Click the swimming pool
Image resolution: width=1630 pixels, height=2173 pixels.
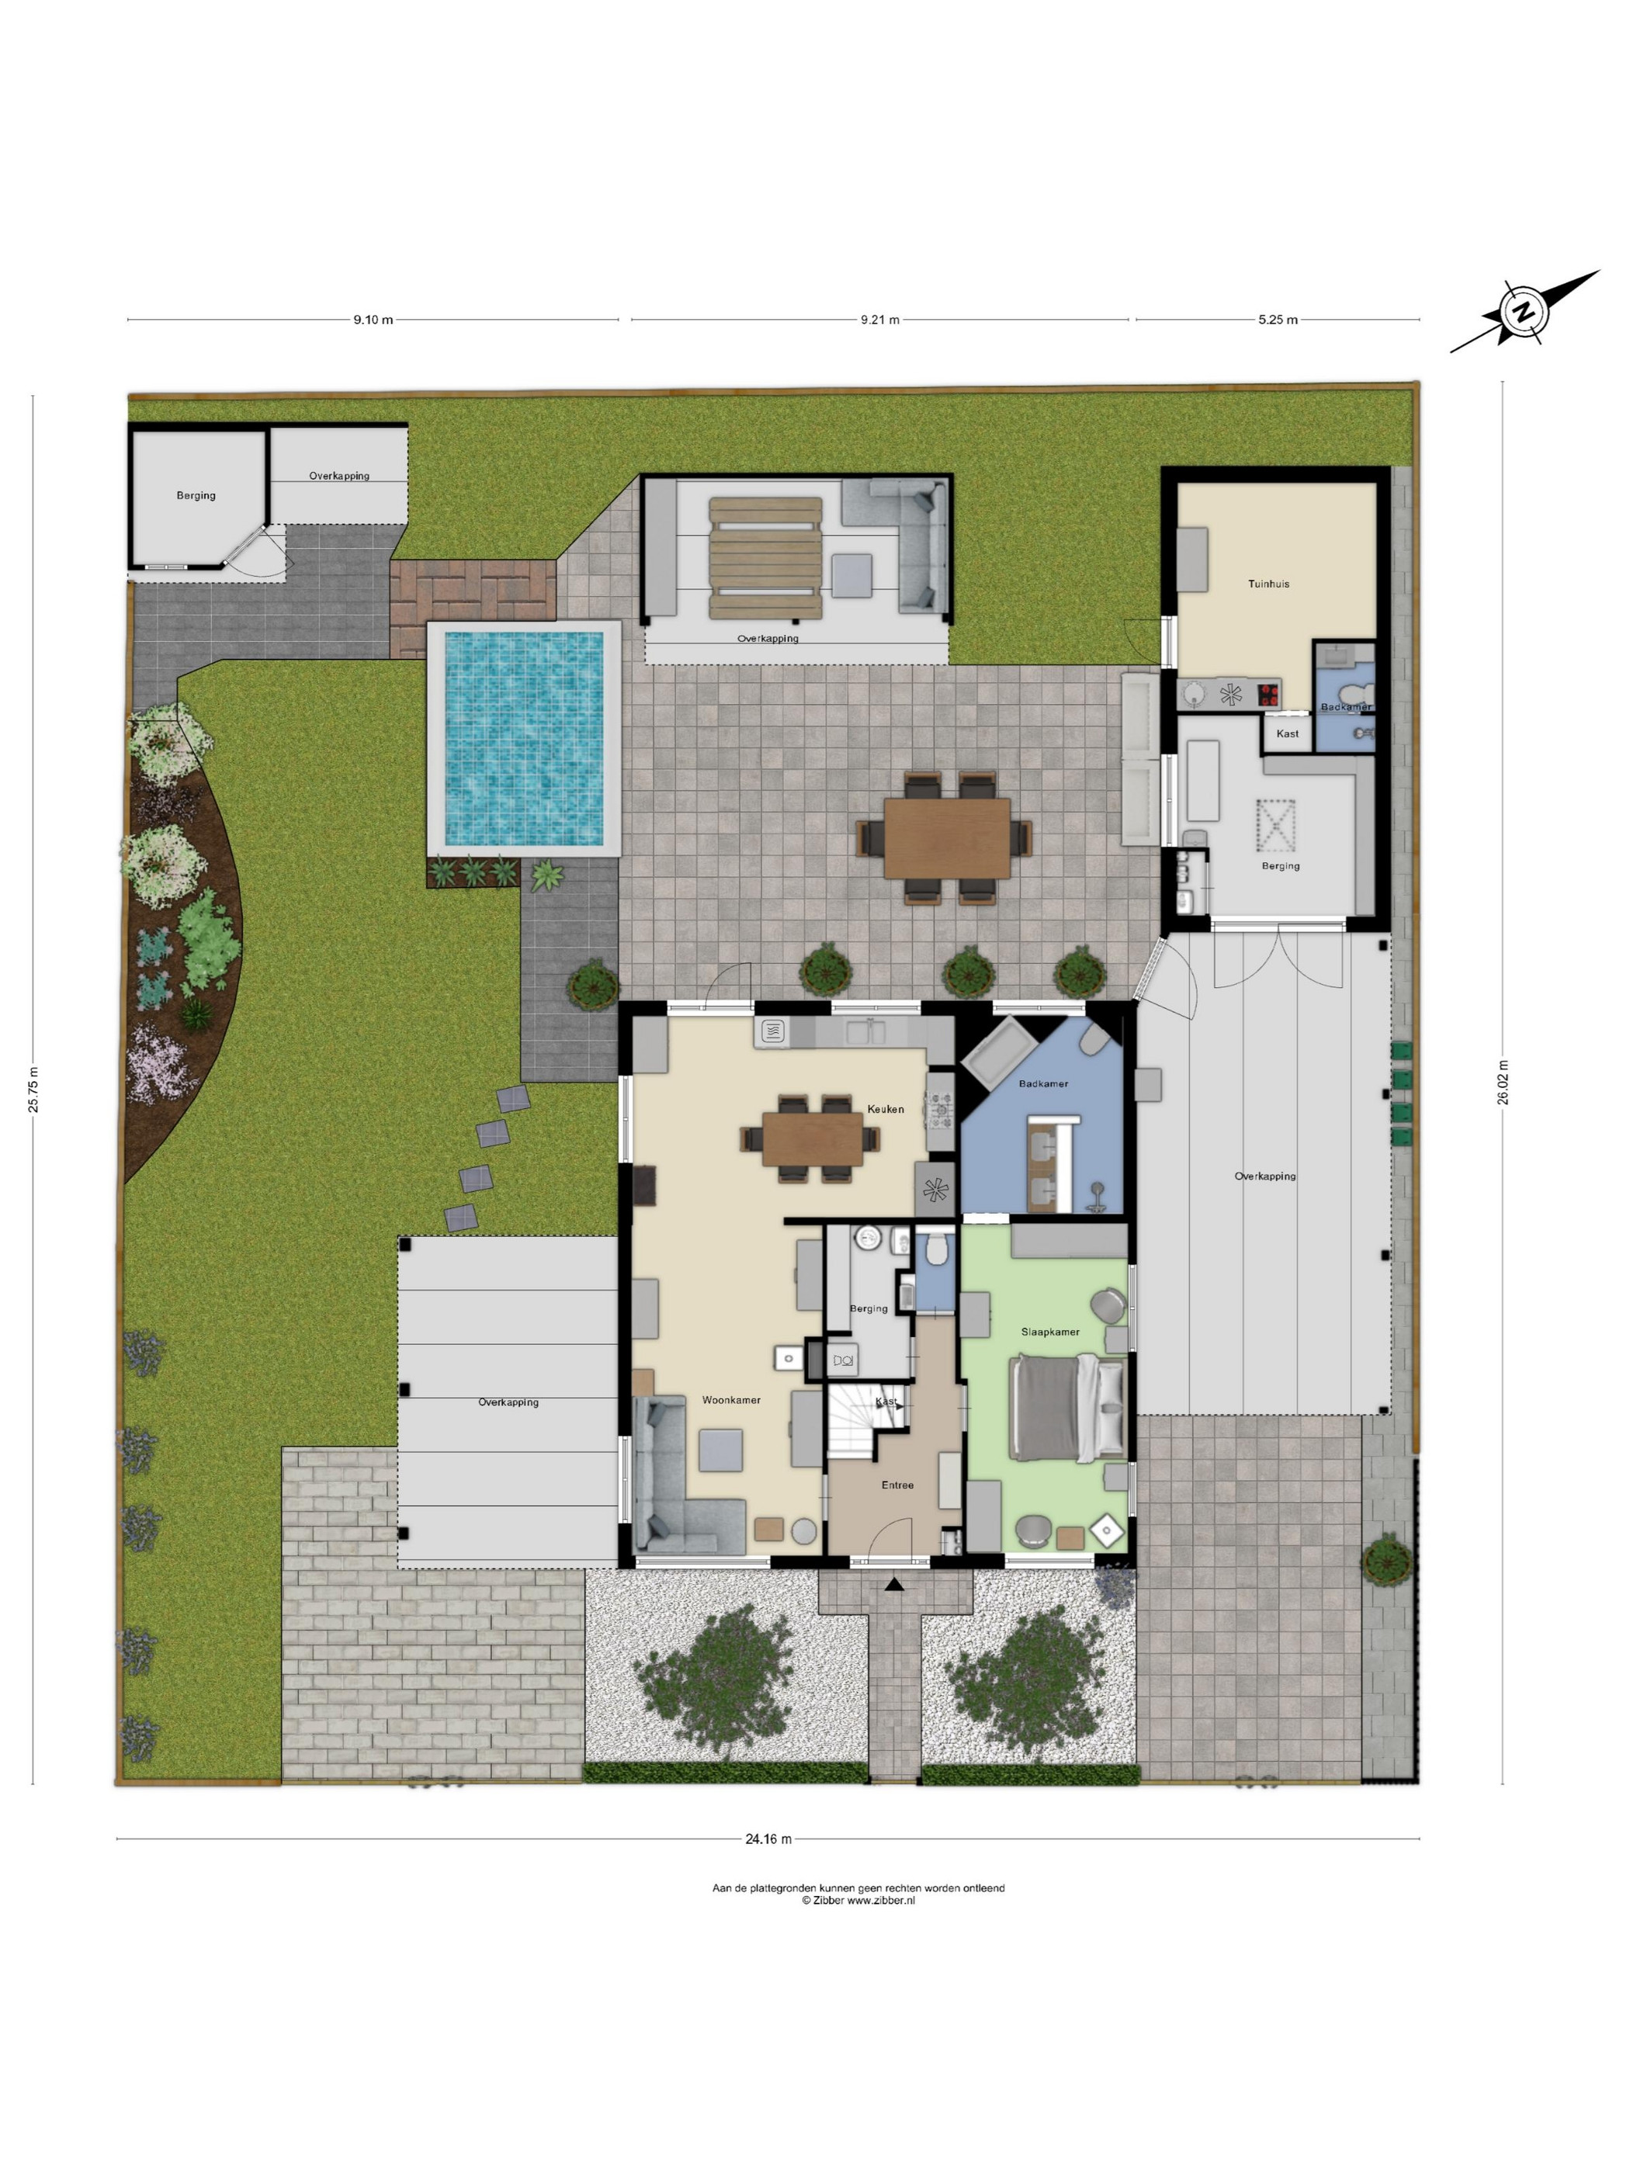tap(524, 738)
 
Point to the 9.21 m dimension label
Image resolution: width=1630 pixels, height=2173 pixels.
tap(879, 319)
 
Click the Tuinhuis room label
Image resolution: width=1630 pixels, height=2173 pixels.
tap(1268, 584)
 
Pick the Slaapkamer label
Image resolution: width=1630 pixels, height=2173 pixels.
tap(1050, 1332)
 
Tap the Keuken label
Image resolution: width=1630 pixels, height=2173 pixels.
tap(886, 1109)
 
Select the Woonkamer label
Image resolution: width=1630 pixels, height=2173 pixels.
tap(731, 1400)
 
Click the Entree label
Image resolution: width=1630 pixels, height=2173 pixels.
tap(897, 1485)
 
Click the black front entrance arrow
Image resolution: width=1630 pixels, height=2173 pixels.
tap(894, 1584)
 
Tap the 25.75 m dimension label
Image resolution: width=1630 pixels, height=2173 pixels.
tap(33, 1090)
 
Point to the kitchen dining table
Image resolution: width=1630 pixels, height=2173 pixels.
tap(813, 1138)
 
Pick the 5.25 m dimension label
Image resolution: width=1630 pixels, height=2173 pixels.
tap(1278, 319)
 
